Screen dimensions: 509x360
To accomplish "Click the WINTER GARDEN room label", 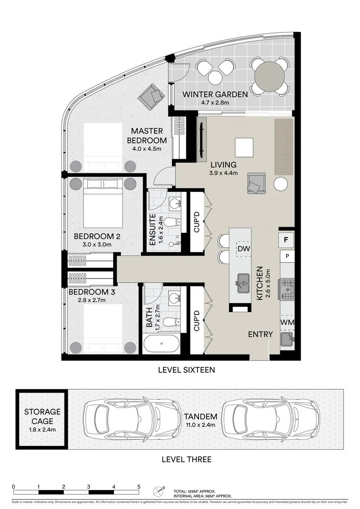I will pos(215,94).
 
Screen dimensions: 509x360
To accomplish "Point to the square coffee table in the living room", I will pos(244,147).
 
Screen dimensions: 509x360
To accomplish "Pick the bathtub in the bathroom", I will pos(161,344).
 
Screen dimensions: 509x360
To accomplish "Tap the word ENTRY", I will pos(261,335).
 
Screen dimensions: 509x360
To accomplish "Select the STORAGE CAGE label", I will pos(42,416).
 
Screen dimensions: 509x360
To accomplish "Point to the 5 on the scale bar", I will pos(139,486).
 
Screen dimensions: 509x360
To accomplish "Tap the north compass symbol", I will pos(158,490).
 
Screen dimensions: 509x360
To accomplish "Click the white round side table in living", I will pos(281,184).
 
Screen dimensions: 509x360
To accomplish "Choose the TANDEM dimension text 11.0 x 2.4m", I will pos(201,425).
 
